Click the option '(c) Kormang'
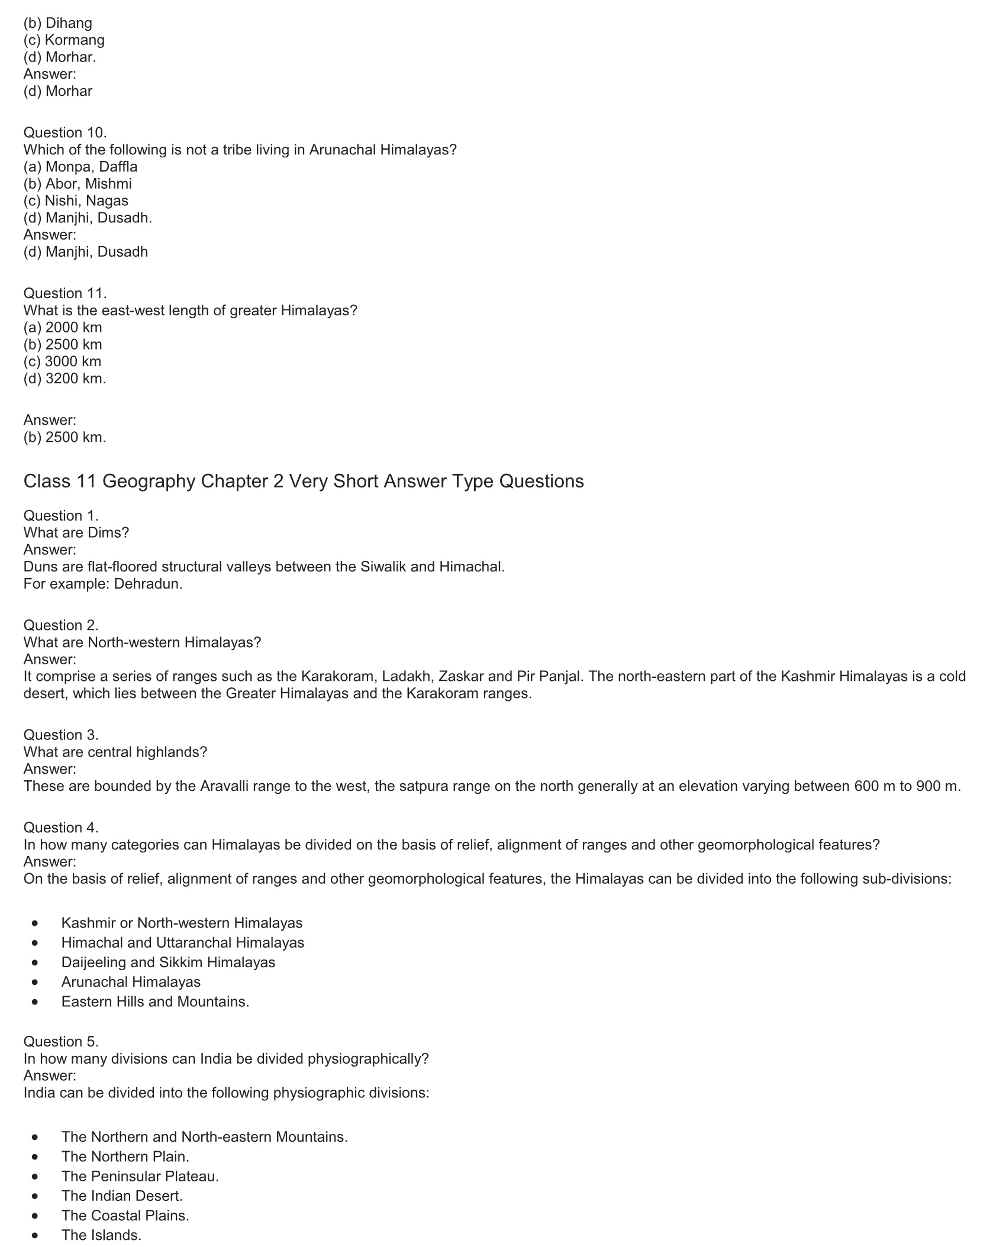point(64,40)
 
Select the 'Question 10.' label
point(65,133)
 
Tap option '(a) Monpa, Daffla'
point(80,167)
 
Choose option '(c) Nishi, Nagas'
point(76,201)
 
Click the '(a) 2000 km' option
point(63,327)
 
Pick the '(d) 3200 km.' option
point(65,379)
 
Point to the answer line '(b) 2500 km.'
point(65,437)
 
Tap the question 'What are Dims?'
point(76,532)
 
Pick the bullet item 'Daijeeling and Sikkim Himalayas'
point(168,962)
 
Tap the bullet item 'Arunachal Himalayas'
point(131,982)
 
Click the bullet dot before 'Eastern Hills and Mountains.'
point(37,1002)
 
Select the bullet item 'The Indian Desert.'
point(122,1196)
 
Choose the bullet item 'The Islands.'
point(101,1235)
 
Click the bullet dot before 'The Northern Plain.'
point(37,1156)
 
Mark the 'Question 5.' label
point(60,1041)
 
